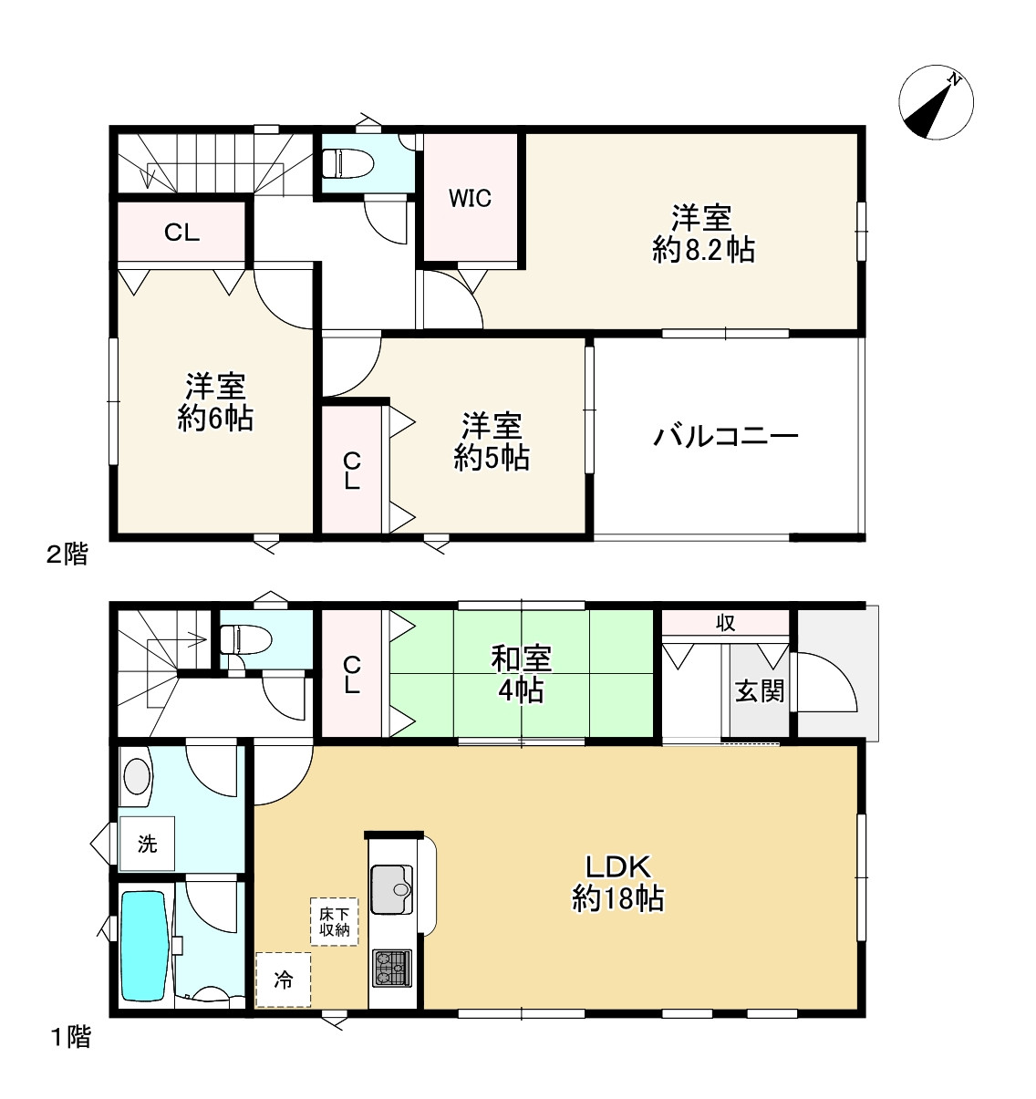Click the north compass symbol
[x=936, y=103]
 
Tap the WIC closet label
[x=470, y=198]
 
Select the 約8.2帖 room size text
[x=703, y=250]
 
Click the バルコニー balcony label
[x=726, y=437]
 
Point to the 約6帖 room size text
[x=215, y=419]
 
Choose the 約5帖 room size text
[x=492, y=457]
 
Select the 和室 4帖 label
[x=521, y=673]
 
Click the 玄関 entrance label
[x=760, y=690]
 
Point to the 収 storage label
[x=725, y=623]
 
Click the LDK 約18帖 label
[x=617, y=883]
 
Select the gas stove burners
[x=391, y=967]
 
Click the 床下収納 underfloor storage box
[x=334, y=921]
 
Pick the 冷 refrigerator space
[x=284, y=980]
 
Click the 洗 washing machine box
[x=147, y=844]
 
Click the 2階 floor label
[x=67, y=554]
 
